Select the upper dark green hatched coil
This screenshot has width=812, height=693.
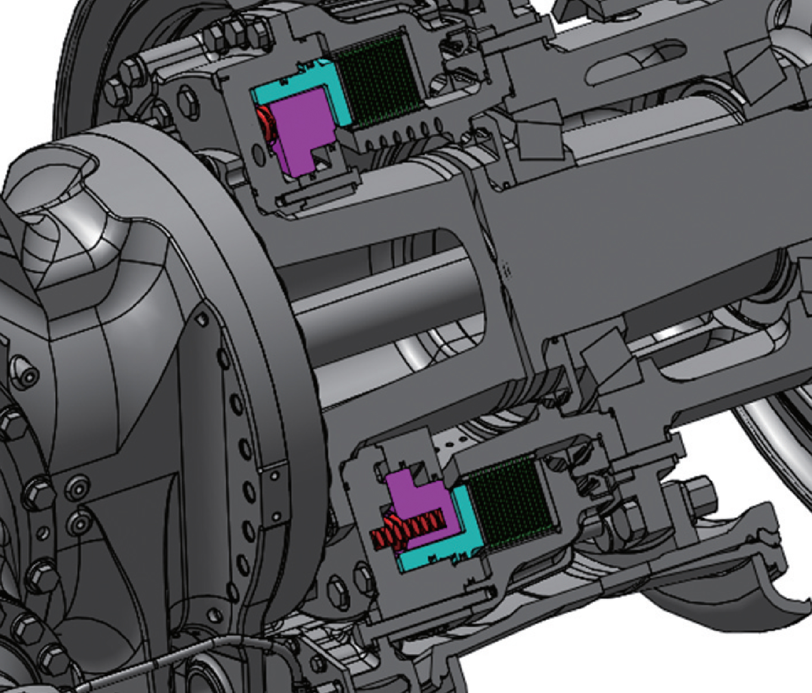[x=379, y=82]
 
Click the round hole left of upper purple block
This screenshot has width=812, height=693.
[x=259, y=153]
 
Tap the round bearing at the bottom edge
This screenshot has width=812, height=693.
[x=202, y=675]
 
